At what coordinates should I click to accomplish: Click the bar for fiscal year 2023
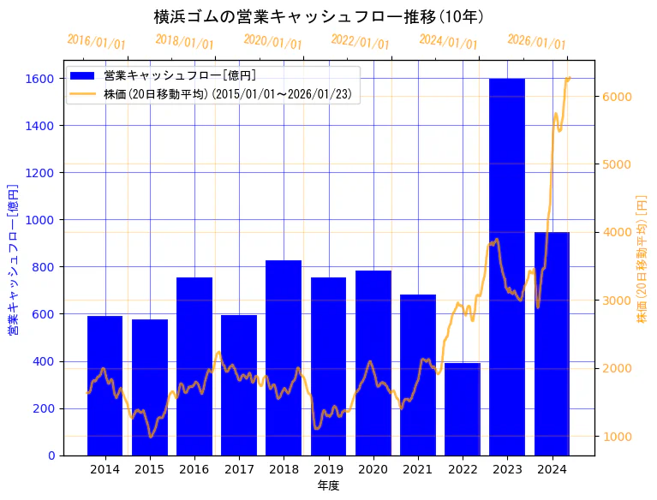[x=507, y=266]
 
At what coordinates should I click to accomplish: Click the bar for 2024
[x=552, y=343]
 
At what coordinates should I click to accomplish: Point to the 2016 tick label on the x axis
[x=194, y=469]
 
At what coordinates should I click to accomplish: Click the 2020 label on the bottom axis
[x=373, y=469]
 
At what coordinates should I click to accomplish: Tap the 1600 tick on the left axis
[x=43, y=79]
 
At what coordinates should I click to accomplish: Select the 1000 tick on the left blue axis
[x=43, y=220]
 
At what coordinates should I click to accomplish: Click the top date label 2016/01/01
[x=96, y=42]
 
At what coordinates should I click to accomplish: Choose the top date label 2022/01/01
[x=360, y=42]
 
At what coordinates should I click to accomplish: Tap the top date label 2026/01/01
[x=536, y=42]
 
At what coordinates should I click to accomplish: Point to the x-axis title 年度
[x=328, y=485]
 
